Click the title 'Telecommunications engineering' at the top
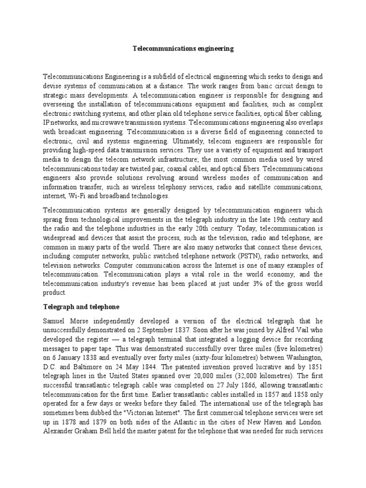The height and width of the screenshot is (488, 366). click(x=183, y=49)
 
